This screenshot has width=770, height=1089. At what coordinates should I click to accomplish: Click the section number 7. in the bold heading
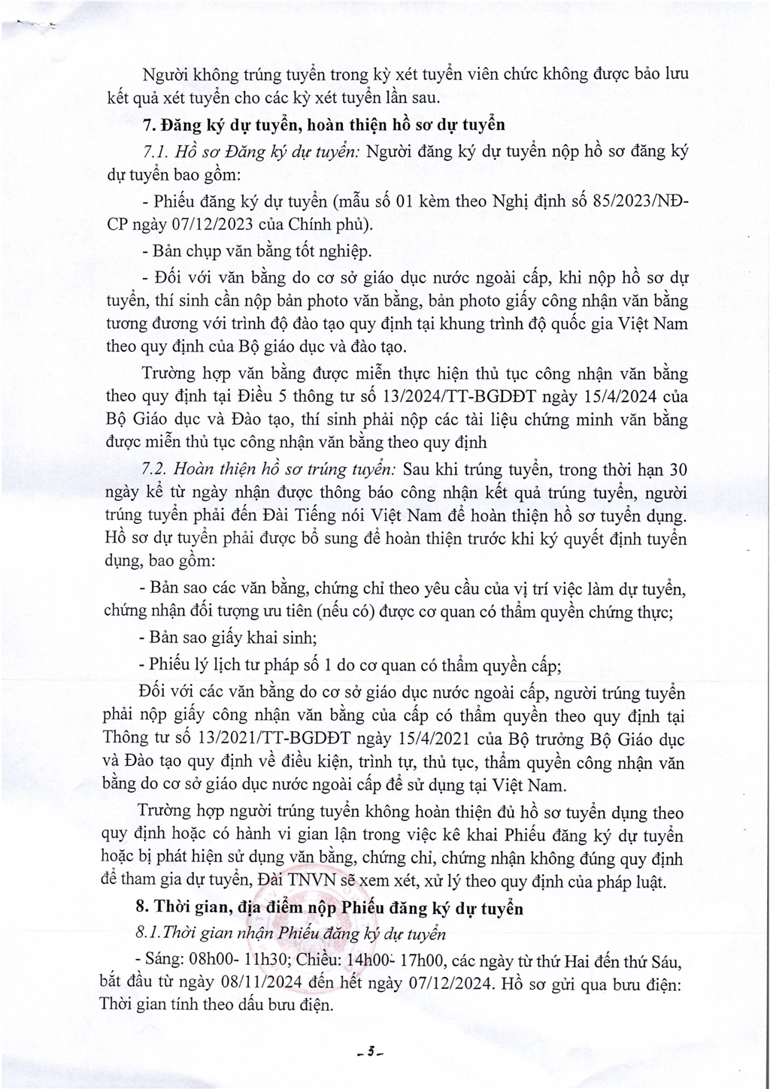(x=147, y=124)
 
